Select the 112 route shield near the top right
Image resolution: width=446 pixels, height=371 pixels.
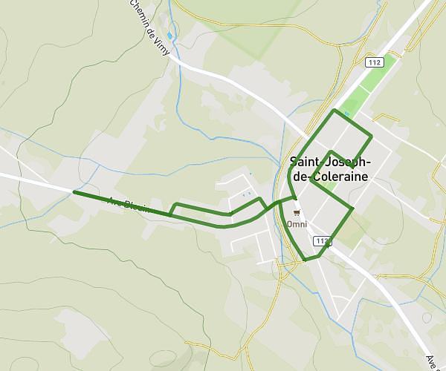point(374,63)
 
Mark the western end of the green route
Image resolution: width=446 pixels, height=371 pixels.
point(74,192)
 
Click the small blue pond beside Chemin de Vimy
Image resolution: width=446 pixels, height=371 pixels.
point(171,36)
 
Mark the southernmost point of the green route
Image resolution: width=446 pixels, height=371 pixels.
point(305,260)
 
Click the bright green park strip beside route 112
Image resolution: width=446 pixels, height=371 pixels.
point(360,100)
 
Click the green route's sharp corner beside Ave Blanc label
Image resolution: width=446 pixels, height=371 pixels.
point(170,215)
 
